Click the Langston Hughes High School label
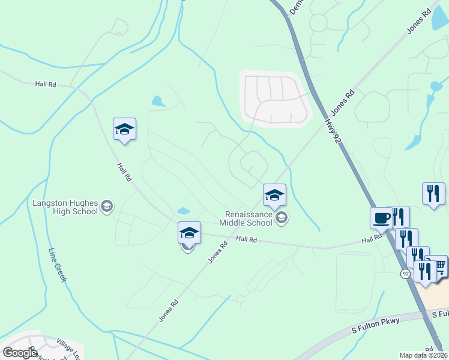(64, 207)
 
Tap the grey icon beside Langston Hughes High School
(107, 207)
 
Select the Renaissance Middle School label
(249, 218)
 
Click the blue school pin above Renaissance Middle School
(274, 195)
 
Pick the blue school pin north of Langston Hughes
(124, 129)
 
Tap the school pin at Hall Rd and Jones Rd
(189, 233)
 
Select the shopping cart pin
(441, 266)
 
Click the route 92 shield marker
(406, 274)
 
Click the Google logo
(20, 353)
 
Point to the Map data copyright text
(424, 355)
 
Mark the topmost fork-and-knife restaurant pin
(433, 194)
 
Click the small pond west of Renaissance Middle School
(184, 211)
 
